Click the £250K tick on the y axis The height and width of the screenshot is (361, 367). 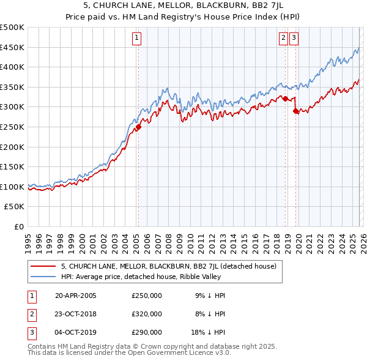pos(12,127)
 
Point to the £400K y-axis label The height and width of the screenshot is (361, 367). pos(12,67)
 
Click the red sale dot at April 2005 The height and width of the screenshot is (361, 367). pos(138,127)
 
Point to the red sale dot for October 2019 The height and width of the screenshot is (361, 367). pos(296,111)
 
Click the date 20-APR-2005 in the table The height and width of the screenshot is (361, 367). pos(75,296)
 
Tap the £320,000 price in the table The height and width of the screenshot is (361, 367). pos(147,314)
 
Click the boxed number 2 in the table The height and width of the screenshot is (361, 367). pos(31,314)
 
